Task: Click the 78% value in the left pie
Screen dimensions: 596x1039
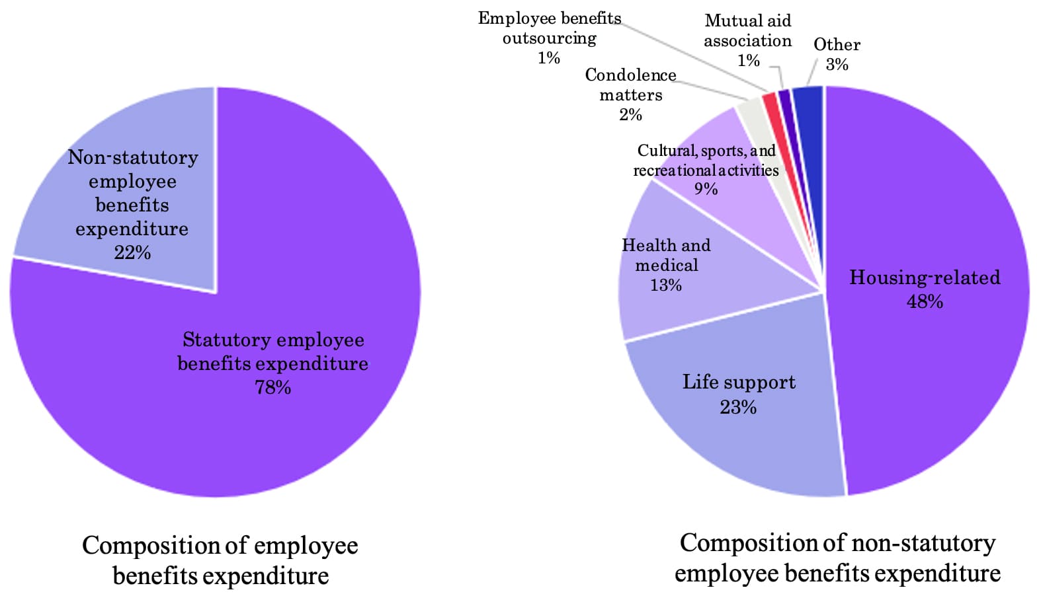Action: [x=272, y=387]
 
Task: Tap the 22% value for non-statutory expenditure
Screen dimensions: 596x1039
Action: [x=132, y=252]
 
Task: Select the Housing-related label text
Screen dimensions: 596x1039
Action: [x=925, y=278]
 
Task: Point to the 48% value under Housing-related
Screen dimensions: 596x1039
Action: [x=925, y=301]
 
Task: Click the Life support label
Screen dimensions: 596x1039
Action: [x=739, y=383]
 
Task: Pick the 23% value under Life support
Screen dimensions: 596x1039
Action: [x=738, y=407]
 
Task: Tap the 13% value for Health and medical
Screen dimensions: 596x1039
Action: [x=666, y=285]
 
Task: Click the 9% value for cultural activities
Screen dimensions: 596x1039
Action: [x=706, y=189]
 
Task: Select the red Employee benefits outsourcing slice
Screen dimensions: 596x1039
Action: [x=770, y=102]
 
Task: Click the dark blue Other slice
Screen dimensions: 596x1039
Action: [x=808, y=99]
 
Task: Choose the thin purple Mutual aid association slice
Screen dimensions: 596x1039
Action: [x=785, y=98]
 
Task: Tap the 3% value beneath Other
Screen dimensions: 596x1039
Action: [x=837, y=65]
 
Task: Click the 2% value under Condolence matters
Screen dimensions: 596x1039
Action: [x=630, y=115]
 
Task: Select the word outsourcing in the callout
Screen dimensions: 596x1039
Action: [x=549, y=38]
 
